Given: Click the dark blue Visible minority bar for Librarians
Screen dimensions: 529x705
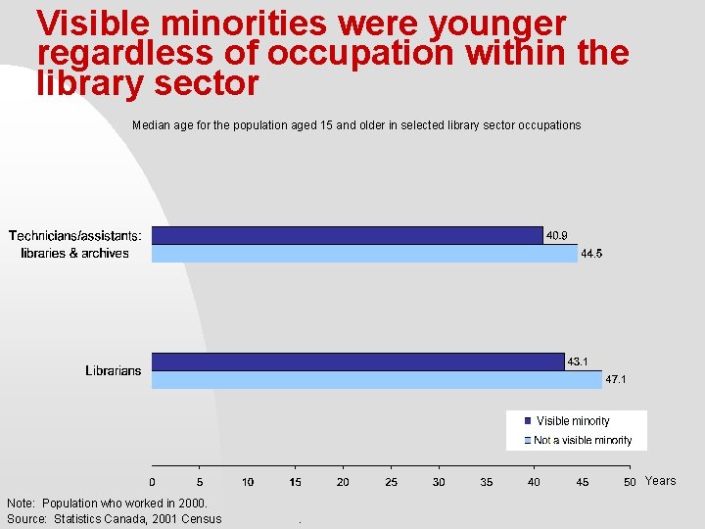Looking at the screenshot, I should (x=357, y=361).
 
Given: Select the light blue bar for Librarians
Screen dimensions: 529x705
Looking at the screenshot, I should (x=376, y=380).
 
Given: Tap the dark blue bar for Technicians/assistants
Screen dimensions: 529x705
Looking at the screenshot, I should (x=347, y=235).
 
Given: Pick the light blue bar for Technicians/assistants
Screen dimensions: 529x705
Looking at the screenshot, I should (x=364, y=254).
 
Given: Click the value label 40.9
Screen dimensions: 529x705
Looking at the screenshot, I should (x=556, y=235).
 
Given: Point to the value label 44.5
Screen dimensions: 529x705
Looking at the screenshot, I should (x=591, y=254).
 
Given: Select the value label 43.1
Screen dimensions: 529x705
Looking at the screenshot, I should (x=578, y=361).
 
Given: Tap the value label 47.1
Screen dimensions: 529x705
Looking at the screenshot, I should (x=616, y=379).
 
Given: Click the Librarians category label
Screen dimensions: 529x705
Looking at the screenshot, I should (x=114, y=370).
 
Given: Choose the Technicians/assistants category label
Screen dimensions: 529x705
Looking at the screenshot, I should (x=75, y=244).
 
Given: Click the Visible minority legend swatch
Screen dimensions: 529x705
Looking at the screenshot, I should (x=528, y=421).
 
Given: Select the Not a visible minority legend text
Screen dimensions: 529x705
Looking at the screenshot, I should (x=583, y=441).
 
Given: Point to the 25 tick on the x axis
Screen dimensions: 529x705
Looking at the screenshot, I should (x=391, y=482).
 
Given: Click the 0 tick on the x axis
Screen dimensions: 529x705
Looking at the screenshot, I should (x=152, y=482).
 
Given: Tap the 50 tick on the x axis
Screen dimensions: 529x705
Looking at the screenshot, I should (x=630, y=482).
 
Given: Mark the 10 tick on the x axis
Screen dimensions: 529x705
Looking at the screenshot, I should (x=248, y=482).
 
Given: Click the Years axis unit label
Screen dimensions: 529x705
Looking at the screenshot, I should (x=660, y=481).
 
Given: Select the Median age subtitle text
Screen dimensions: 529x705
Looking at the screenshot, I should (x=355, y=125).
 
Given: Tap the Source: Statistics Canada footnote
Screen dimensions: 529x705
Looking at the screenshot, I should (x=115, y=519).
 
